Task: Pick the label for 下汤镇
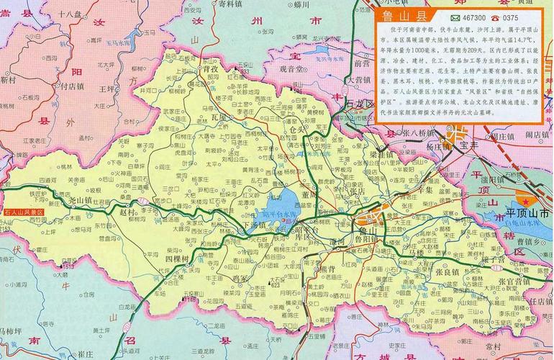[x=256, y=225]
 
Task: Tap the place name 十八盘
[x=71, y=13]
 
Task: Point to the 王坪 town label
[x=107, y=89]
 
